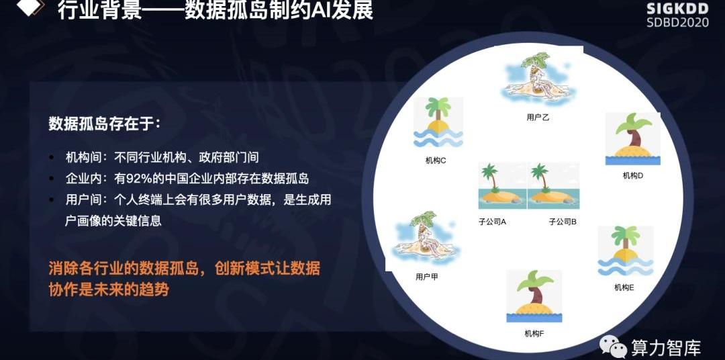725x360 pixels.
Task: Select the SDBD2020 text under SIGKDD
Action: click(x=678, y=22)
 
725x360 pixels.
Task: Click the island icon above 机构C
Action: click(x=438, y=122)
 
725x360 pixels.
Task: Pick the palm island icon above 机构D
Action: click(x=633, y=138)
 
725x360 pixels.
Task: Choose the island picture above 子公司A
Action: click(x=502, y=185)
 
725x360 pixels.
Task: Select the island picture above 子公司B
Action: click(x=553, y=185)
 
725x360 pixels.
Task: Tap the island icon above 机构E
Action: click(x=626, y=251)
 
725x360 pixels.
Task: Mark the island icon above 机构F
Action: click(x=534, y=296)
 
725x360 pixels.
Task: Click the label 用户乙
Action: click(x=538, y=118)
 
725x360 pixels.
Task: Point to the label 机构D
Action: click(x=633, y=176)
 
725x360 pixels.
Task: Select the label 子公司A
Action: click(x=493, y=222)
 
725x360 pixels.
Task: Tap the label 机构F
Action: click(x=534, y=333)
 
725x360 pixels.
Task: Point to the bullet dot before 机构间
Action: click(x=52, y=158)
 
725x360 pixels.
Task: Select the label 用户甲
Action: click(x=427, y=277)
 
